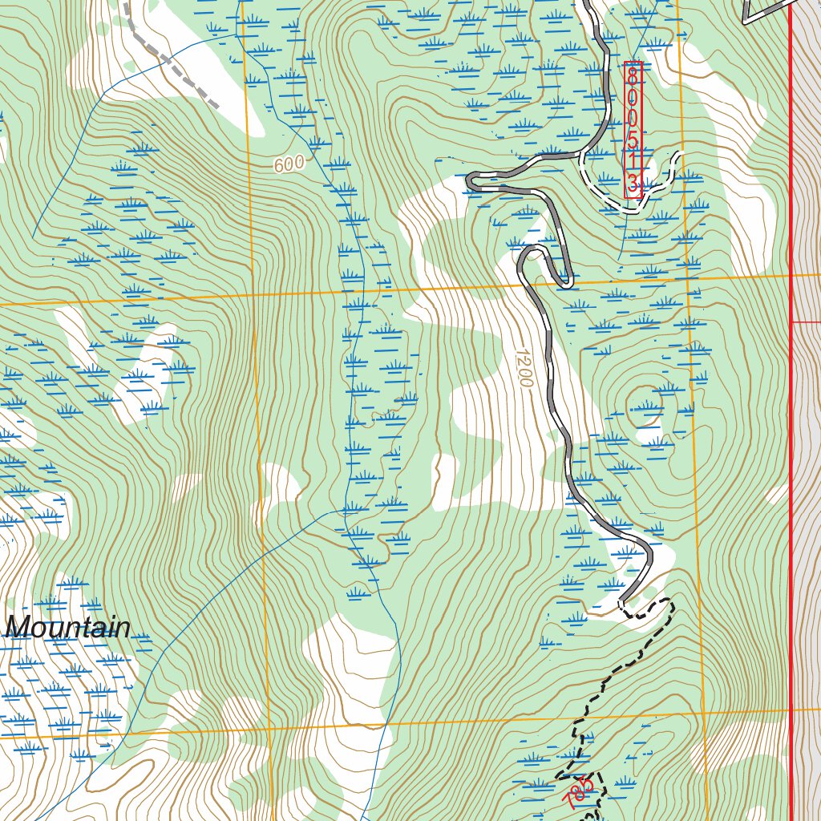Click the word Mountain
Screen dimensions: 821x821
click(x=68, y=628)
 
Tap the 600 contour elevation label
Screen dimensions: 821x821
click(x=288, y=164)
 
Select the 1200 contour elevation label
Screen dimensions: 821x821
click(x=524, y=368)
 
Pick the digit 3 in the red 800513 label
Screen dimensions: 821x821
click(x=633, y=184)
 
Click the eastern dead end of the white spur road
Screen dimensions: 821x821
click(x=679, y=155)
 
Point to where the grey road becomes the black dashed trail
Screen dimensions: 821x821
click(x=621, y=603)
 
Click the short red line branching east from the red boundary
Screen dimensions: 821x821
click(x=806, y=322)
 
